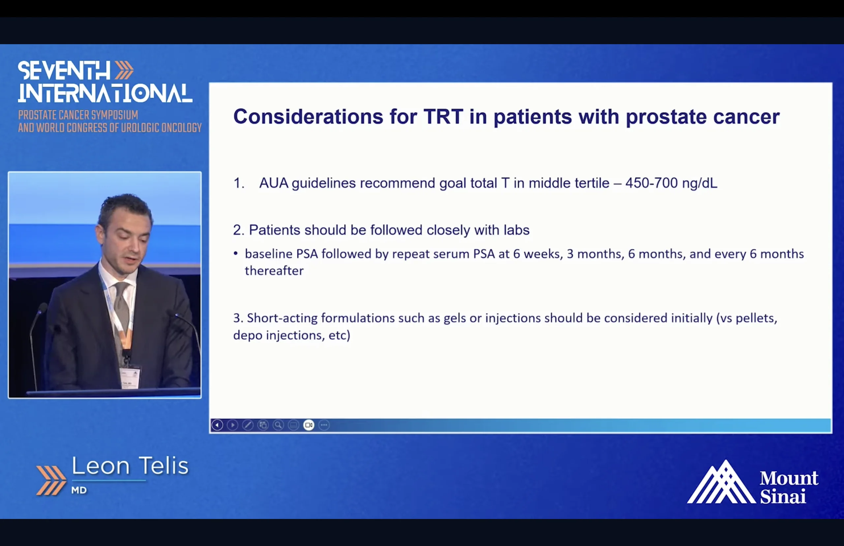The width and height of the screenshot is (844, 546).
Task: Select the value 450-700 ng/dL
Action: [x=671, y=183]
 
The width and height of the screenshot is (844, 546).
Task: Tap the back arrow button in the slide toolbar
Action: [x=217, y=425]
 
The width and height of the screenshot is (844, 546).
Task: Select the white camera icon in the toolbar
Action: [x=309, y=425]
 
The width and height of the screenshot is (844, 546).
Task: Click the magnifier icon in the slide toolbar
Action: [x=278, y=425]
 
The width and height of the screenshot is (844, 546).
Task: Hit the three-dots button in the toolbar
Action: [x=324, y=425]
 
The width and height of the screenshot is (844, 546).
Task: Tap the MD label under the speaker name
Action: [x=79, y=490]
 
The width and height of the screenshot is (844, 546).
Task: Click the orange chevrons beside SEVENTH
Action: [x=124, y=70]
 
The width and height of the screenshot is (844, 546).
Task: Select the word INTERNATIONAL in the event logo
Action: [x=105, y=93]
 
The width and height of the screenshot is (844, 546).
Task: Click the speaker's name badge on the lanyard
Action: [x=130, y=378]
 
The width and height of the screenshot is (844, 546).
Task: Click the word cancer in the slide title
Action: [x=746, y=117]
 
